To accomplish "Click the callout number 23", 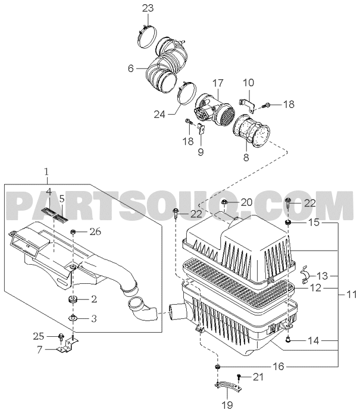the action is [148, 8].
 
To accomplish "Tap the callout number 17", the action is [218, 83].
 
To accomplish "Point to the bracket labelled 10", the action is [248, 105].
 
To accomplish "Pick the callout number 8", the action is [246, 158].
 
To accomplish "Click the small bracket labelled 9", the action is [202, 129].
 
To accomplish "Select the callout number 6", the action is [131, 68].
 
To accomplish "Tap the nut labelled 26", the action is [73, 231].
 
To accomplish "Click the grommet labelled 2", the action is [72, 299].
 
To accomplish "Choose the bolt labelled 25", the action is [61, 336].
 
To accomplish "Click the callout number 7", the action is [39, 349].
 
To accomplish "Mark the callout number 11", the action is [351, 295].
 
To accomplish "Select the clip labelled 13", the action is [305, 274].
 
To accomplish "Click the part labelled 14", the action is [289, 339].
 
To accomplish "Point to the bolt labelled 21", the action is [239, 377].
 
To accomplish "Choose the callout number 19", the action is [227, 405].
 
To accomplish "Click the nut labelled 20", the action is [225, 202].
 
